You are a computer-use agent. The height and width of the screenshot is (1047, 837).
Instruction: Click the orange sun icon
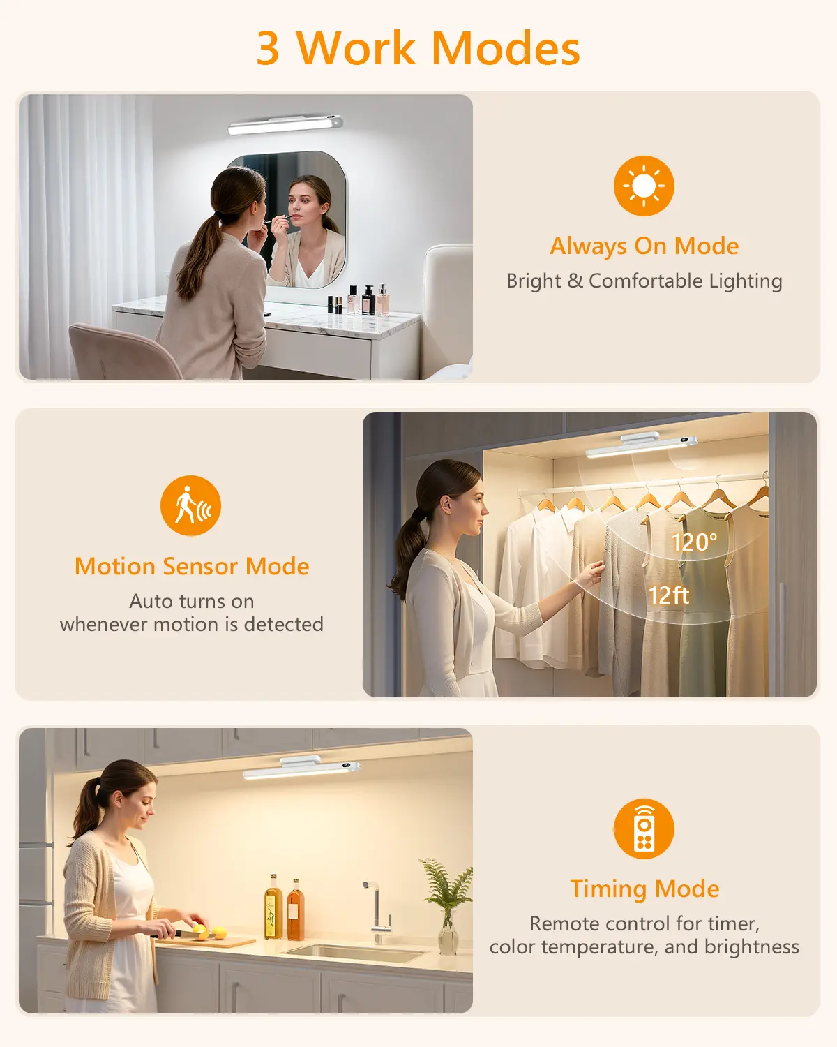tap(644, 186)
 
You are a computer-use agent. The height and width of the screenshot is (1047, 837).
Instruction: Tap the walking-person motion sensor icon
tap(190, 505)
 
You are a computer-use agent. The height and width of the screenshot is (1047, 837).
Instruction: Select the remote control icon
tap(644, 829)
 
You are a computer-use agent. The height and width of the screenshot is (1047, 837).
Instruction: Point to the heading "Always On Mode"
tap(644, 246)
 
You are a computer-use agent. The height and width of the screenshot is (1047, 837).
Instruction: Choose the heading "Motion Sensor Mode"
tap(192, 566)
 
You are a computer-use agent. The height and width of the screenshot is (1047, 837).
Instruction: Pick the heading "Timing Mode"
tap(644, 889)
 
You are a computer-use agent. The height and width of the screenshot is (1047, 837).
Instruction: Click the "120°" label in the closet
tap(694, 542)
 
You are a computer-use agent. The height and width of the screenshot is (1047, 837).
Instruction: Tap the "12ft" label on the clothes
tap(669, 595)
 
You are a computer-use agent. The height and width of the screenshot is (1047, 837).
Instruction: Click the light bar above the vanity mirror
tap(285, 124)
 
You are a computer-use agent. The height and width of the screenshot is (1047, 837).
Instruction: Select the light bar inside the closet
tap(642, 445)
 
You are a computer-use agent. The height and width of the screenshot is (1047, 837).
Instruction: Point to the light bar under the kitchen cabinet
tap(301, 767)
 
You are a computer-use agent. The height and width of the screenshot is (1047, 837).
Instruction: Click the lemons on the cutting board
tap(209, 932)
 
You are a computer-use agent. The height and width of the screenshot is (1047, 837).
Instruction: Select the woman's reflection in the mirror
tap(308, 230)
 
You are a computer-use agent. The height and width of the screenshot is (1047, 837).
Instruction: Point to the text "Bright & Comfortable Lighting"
tap(644, 281)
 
